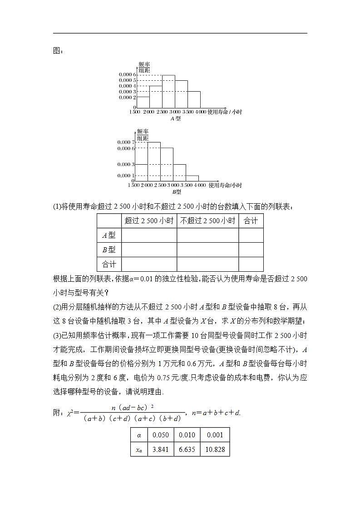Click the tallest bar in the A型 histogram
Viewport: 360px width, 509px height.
click(169, 91)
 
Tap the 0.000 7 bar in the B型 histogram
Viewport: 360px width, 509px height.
click(153, 162)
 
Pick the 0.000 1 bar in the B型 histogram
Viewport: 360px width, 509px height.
click(192, 178)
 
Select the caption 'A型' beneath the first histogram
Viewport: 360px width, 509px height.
click(175, 118)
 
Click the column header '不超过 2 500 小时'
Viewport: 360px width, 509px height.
click(207, 221)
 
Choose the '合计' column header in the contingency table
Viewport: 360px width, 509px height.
click(251, 221)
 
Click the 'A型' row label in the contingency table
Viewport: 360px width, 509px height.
click(109, 235)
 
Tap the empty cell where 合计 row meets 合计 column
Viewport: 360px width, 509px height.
click(251, 264)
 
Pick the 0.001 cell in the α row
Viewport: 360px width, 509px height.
click(215, 435)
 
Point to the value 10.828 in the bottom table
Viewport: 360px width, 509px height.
click(215, 450)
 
